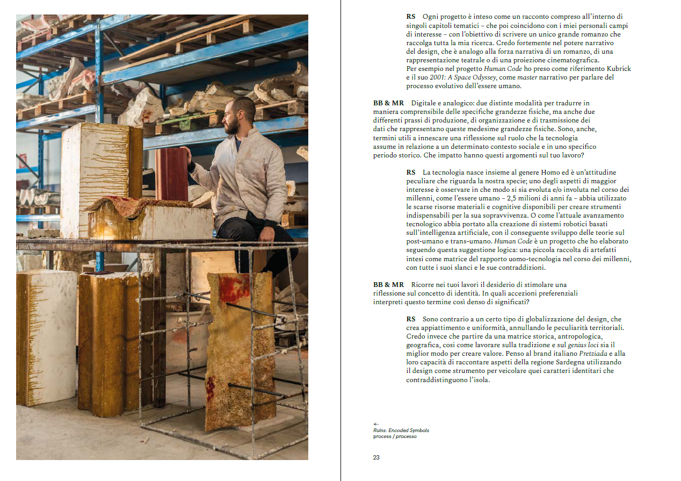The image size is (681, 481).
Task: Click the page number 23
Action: coord(376,457)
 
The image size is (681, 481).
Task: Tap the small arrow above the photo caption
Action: coord(376,424)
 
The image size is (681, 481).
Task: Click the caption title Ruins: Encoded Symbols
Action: coord(401,430)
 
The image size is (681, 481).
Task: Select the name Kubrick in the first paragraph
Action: coord(619,68)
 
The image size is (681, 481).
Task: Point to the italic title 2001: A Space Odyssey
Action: coord(463,77)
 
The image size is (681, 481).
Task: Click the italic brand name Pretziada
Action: coord(593,354)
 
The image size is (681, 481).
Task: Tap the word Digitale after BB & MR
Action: coord(424,103)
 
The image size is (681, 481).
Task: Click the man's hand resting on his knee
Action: coord(268,234)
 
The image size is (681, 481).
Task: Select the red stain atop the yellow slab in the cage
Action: coord(233,288)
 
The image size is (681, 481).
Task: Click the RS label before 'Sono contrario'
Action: coord(411,319)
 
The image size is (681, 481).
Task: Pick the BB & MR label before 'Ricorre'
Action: coord(388,285)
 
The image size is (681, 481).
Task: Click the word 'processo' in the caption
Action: coord(406,436)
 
